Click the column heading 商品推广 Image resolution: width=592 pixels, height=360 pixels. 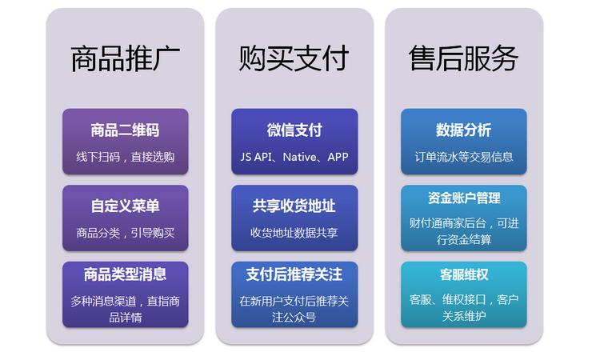pyautogui.click(x=125, y=58)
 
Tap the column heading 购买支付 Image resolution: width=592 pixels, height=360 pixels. pyautogui.click(x=294, y=58)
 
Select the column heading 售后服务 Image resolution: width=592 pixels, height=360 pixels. pyautogui.click(x=463, y=58)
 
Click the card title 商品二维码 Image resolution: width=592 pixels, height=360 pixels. pyautogui.click(x=125, y=130)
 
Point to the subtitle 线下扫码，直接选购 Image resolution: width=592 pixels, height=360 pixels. pyautogui.click(x=126, y=157)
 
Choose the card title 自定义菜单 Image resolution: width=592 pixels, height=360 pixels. pyautogui.click(x=125, y=206)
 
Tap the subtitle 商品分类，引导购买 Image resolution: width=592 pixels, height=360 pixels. pyautogui.click(x=126, y=233)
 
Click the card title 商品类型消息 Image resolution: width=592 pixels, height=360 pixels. pyautogui.click(x=125, y=274)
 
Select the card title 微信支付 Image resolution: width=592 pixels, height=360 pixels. pyautogui.click(x=294, y=130)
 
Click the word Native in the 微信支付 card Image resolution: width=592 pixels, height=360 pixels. pyautogui.click(x=300, y=157)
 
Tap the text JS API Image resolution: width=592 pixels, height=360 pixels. pyautogui.click(x=256, y=157)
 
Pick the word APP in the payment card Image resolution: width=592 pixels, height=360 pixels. pyautogui.click(x=338, y=157)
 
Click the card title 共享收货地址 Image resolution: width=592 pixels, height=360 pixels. pyautogui.click(x=294, y=206)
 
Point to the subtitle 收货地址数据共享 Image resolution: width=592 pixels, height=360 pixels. pyautogui.click(x=294, y=233)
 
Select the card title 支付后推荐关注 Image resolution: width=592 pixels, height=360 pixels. pyautogui.click(x=294, y=274)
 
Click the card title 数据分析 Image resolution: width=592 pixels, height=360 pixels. pyautogui.click(x=464, y=130)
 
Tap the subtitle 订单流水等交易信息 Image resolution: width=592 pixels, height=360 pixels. pyautogui.click(x=464, y=157)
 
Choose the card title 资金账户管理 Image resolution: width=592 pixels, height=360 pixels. pyautogui.click(x=464, y=198)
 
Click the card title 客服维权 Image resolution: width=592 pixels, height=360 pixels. pyautogui.click(x=464, y=274)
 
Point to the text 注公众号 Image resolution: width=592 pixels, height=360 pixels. pyautogui.click(x=294, y=317)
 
